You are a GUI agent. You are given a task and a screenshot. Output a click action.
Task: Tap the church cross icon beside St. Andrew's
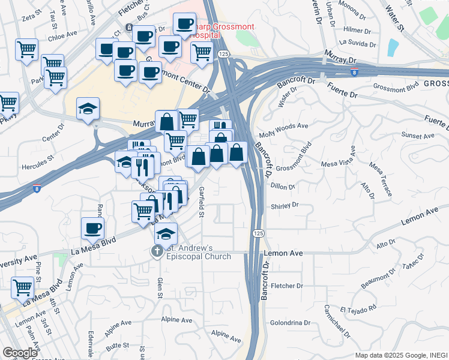[157, 251]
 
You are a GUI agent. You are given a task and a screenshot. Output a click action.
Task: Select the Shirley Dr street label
[286, 205]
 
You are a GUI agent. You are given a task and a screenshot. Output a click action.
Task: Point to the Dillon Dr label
[283, 187]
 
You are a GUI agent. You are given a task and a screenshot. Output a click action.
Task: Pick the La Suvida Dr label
[357, 43]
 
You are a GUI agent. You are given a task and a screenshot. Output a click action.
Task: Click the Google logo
[20, 353]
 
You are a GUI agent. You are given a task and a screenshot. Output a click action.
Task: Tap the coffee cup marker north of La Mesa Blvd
[92, 228]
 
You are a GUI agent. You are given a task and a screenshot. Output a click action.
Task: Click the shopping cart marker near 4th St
[22, 287]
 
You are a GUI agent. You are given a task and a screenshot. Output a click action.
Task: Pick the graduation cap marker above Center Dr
[88, 109]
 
